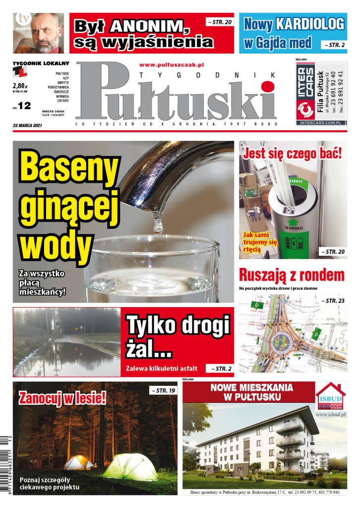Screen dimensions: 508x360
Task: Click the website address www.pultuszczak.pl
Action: (172, 64)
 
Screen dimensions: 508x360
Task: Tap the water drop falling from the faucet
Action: (158, 226)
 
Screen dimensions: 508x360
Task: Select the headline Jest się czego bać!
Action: (292, 153)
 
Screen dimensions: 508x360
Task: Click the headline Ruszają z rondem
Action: (292, 275)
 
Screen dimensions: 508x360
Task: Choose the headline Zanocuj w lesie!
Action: (62, 397)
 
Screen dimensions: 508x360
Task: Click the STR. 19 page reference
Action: (163, 391)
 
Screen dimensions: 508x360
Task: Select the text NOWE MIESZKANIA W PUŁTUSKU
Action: (251, 392)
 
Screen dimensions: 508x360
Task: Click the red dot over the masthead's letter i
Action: (268, 87)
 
